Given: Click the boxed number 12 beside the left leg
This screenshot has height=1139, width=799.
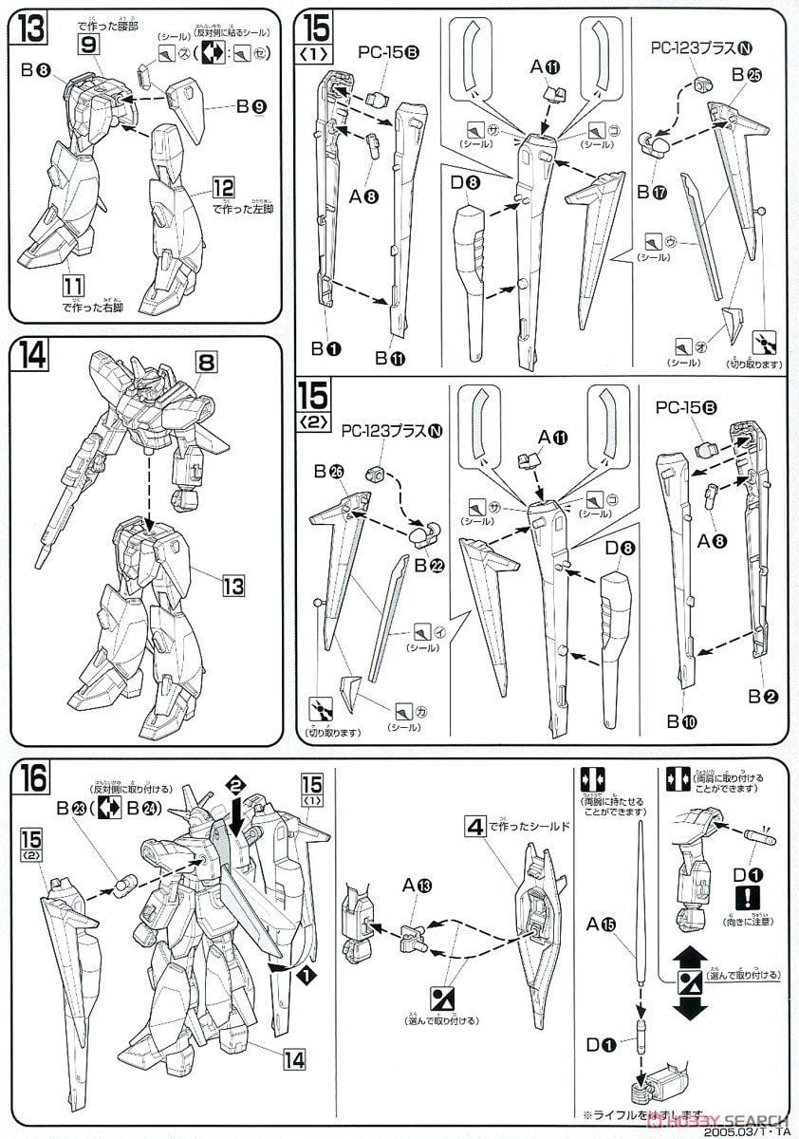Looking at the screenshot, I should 223,188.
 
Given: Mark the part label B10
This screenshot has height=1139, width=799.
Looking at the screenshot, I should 680,721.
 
